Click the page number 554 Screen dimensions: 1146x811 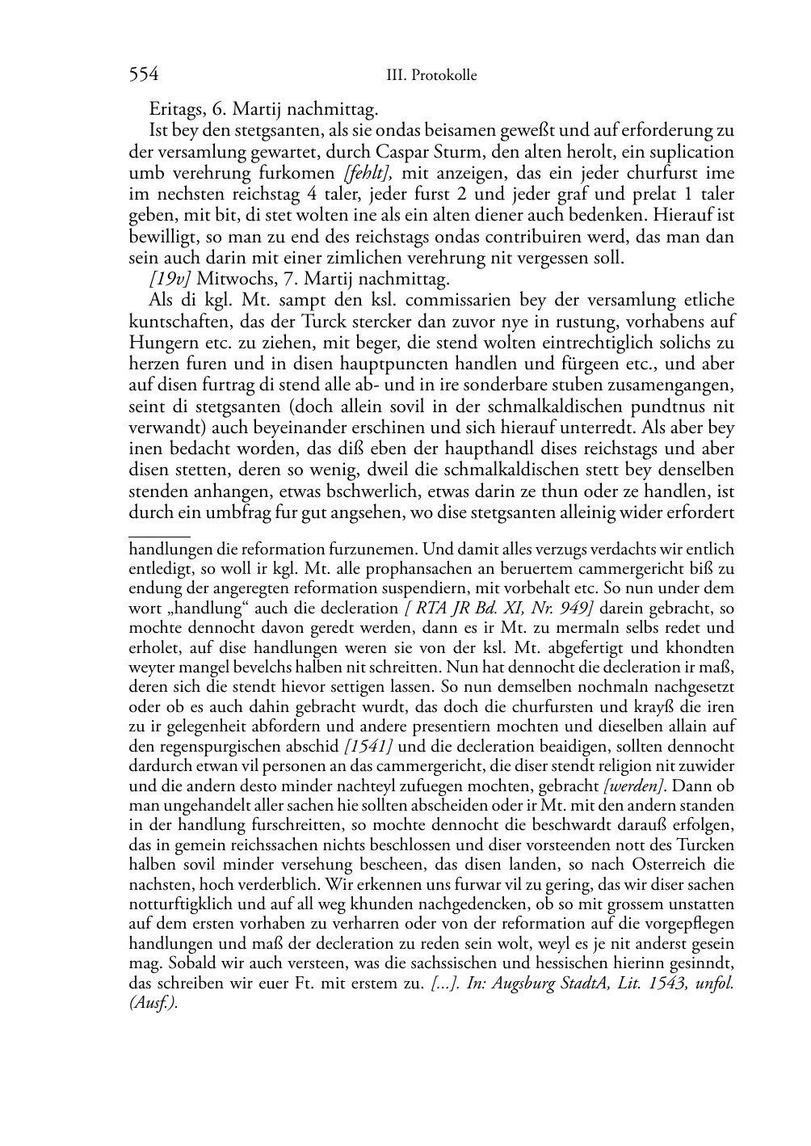coord(143,75)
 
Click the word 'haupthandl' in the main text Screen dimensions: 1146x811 coord(448,449)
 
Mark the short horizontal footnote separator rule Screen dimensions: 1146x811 coord(159,534)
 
